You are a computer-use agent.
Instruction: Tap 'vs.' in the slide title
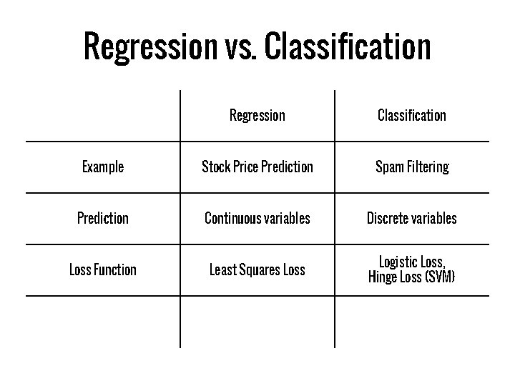point(237,47)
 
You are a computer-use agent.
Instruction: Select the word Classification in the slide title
point(347,47)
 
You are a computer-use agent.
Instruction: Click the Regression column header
point(257,115)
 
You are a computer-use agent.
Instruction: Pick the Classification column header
point(411,115)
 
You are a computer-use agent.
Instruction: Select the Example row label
point(103,167)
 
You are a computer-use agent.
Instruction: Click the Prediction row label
point(103,218)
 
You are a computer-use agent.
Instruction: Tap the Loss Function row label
point(103,269)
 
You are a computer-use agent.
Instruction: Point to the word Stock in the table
point(214,167)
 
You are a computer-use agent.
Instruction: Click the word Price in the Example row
point(244,167)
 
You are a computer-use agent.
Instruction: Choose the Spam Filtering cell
point(412,167)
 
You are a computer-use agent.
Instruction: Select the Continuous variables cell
point(257,218)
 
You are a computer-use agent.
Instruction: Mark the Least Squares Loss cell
point(257,269)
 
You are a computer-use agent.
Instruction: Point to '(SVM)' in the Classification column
point(439,277)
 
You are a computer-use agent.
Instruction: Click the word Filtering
point(426,167)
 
